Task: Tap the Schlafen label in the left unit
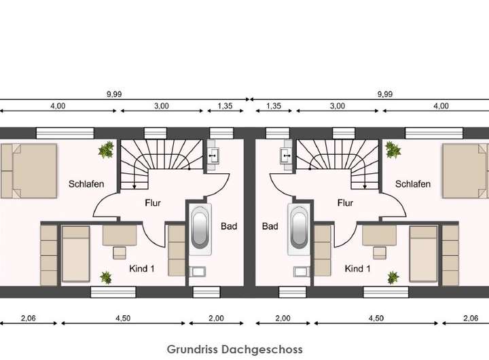click(x=86, y=184)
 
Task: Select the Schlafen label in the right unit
click(x=413, y=184)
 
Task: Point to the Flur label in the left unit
click(x=153, y=202)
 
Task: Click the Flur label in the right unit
click(x=345, y=202)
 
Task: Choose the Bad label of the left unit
click(x=229, y=226)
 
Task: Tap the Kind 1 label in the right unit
click(x=359, y=269)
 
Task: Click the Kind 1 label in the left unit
click(x=142, y=269)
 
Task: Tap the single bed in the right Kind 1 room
click(x=423, y=254)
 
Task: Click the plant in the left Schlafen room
click(x=106, y=150)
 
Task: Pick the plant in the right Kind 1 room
click(x=393, y=277)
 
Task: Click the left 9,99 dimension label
click(x=113, y=94)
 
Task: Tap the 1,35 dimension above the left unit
click(x=225, y=105)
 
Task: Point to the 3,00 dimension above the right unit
click(x=337, y=105)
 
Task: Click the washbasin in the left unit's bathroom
click(x=215, y=155)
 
